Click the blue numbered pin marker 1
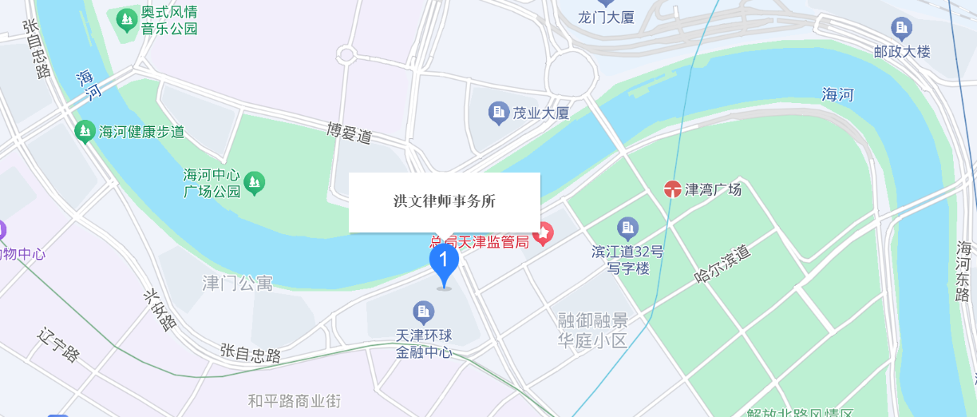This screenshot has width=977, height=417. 444,261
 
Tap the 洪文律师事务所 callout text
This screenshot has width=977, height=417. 445,201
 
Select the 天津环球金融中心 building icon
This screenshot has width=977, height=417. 423,310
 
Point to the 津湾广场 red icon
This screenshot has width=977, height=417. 673,189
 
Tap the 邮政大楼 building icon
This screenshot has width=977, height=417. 902,30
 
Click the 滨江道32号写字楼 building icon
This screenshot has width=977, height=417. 628,228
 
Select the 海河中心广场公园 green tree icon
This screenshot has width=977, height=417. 255,183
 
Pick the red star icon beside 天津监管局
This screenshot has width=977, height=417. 544,234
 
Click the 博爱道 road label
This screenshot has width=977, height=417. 350,133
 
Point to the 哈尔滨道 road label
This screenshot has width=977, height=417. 723,264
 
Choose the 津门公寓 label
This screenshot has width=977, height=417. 238,283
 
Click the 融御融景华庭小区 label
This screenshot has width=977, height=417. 593,331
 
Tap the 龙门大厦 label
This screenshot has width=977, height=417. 606,17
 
